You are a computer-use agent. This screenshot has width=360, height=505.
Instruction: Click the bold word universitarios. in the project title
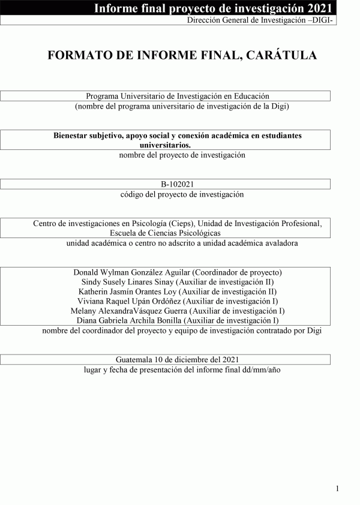pyautogui.click(x=165, y=145)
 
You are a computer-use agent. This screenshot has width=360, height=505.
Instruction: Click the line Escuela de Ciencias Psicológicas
pyautogui.click(x=165, y=233)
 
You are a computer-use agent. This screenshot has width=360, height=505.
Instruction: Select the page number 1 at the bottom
pyautogui.click(x=338, y=488)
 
